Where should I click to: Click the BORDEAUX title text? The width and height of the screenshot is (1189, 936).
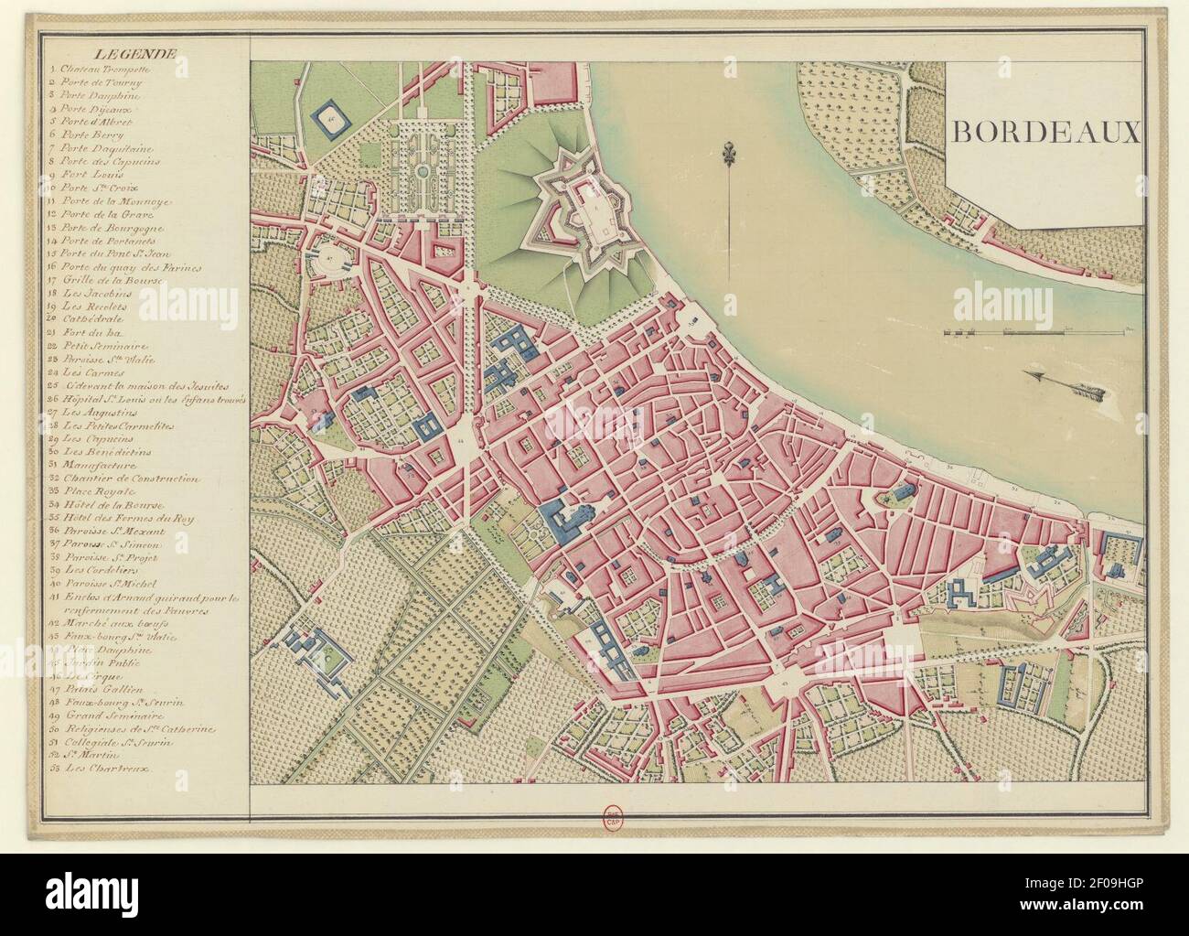1045,132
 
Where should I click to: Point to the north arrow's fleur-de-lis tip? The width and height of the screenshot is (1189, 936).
729,151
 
